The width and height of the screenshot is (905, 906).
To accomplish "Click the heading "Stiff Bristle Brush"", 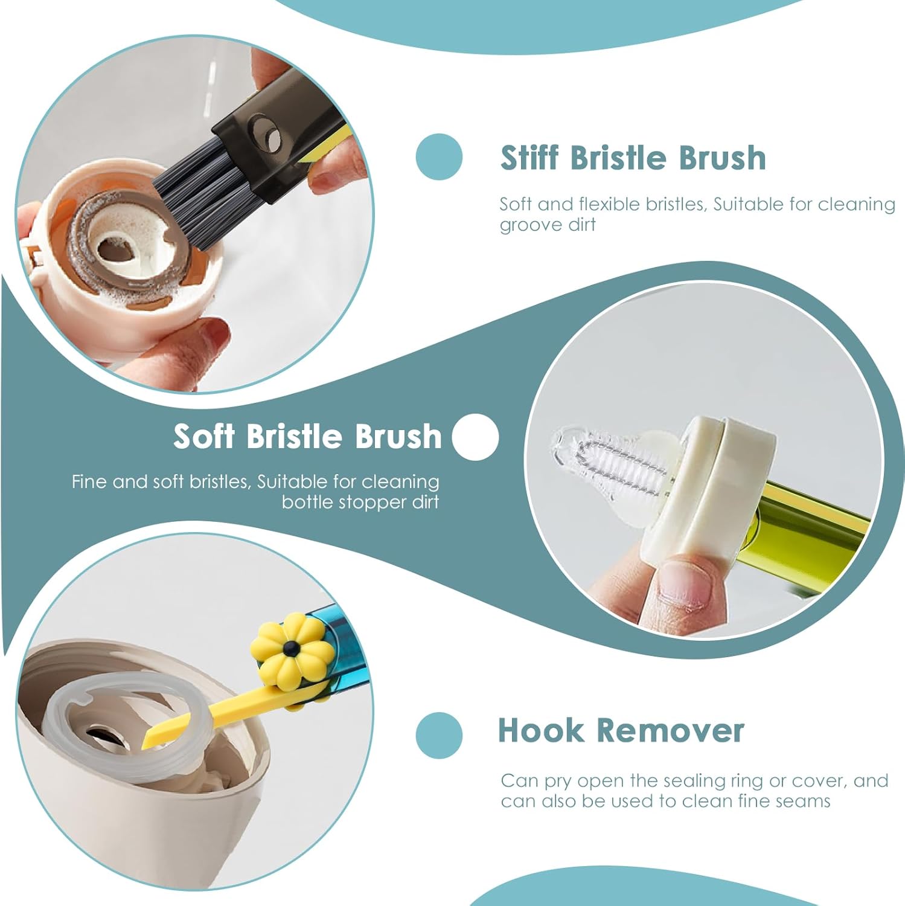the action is tap(633, 158).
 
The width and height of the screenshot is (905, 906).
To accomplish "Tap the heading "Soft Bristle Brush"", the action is tap(307, 435).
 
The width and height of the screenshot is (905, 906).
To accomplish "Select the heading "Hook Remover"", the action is tap(621, 730).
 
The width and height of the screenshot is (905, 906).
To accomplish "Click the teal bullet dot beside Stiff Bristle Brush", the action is tap(439, 156).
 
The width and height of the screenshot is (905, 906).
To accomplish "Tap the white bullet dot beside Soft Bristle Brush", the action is tap(475, 437).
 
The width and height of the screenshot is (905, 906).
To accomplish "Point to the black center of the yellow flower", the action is tap(292, 648).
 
